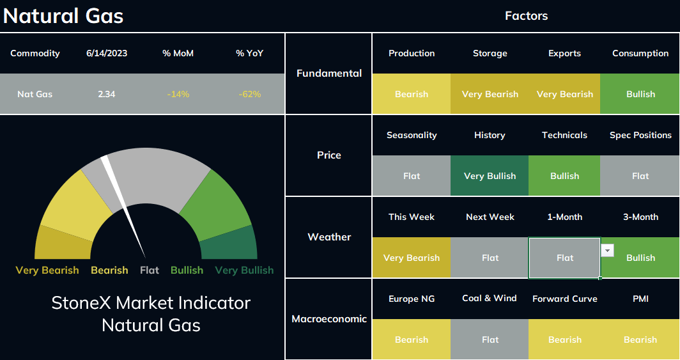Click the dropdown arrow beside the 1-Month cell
tap(607, 250)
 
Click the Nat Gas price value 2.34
tap(106, 94)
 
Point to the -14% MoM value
tap(178, 94)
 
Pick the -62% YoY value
tap(249, 94)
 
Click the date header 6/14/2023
tap(107, 53)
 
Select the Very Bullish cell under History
tap(490, 176)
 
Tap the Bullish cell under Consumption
tap(640, 94)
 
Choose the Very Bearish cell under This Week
tap(411, 258)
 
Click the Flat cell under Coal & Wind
tap(490, 340)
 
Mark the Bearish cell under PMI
tap(640, 340)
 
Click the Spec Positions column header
tap(640, 135)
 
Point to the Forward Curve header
tap(565, 299)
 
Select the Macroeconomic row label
tap(329, 319)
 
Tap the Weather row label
tap(329, 237)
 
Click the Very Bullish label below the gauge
tap(244, 270)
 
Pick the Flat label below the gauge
tap(150, 270)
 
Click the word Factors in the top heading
tap(526, 16)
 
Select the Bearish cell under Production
tap(411, 94)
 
